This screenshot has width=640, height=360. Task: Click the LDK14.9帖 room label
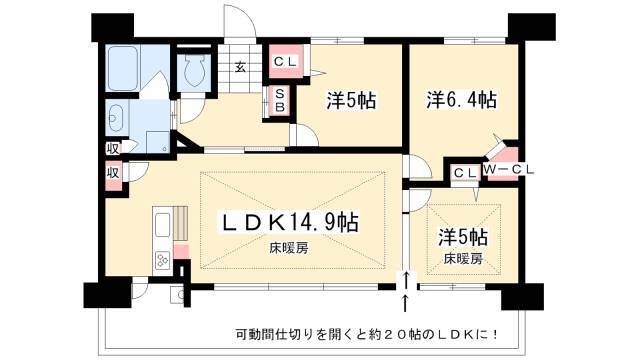[x=290, y=223]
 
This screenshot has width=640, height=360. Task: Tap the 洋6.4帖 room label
[x=462, y=100]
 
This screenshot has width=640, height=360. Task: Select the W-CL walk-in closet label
[x=509, y=170]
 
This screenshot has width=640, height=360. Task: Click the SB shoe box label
[x=280, y=100]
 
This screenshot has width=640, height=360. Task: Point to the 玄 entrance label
[x=241, y=67]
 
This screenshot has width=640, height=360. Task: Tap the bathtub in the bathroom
[x=122, y=68]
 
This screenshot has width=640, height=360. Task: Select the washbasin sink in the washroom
[x=116, y=118]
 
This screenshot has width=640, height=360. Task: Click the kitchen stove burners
[x=163, y=260]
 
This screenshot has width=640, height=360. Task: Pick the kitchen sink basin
[x=162, y=225]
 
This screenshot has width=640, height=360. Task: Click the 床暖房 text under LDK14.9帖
[x=289, y=248]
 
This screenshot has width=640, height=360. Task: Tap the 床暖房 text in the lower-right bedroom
[x=463, y=258]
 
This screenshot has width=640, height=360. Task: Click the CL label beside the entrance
[x=285, y=62]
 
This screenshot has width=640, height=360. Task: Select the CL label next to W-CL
[x=465, y=173]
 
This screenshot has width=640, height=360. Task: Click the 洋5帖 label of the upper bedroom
[x=351, y=100]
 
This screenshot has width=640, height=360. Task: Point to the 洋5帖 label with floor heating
[x=463, y=237]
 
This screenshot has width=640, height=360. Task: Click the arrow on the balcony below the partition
[x=405, y=304]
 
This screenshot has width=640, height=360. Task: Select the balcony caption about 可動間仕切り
[x=367, y=335]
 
